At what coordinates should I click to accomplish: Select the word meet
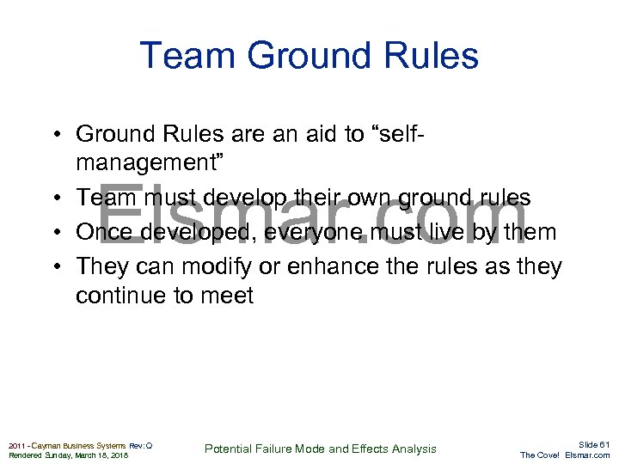(225, 296)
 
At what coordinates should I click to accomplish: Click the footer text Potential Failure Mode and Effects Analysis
(320, 449)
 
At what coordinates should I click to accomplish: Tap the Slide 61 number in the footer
(593, 444)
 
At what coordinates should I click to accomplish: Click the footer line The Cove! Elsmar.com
(565, 455)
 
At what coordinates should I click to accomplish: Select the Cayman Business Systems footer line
(80, 445)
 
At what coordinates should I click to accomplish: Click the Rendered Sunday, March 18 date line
(68, 455)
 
